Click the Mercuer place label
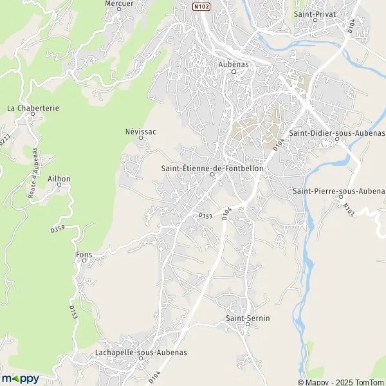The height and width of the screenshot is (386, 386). [x=118, y=3]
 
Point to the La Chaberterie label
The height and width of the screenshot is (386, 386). [x=33, y=108]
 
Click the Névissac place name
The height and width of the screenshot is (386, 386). [x=141, y=131]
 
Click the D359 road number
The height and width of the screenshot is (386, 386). [x=58, y=229]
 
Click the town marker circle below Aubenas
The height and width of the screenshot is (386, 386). [x=234, y=72]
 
